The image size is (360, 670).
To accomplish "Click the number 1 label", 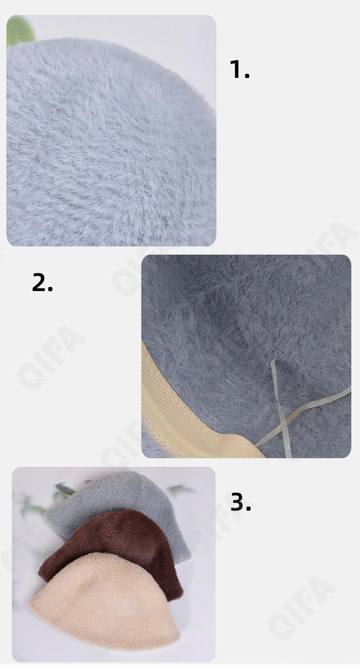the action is [239, 69].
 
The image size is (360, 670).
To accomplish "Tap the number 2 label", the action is [42, 282].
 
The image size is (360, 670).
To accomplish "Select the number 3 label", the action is [240, 501].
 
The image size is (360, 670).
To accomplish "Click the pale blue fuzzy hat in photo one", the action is [111, 143].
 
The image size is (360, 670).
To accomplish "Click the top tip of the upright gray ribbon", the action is [273, 360].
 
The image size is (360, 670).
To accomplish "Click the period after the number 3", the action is [248, 508].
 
